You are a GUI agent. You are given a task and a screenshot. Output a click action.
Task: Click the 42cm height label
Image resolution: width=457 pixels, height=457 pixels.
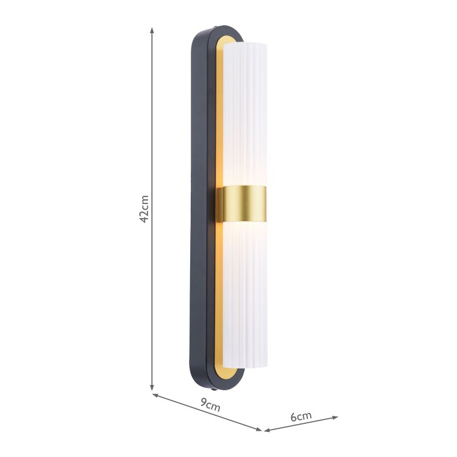coord(145,209)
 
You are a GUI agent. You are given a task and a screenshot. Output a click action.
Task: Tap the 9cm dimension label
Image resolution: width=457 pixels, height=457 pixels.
coord(210,407)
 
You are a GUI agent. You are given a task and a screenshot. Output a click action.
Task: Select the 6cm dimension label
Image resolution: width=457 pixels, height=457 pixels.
coord(301,416)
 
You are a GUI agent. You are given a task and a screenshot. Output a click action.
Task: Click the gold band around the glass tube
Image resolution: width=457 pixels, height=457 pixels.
coord(244,203)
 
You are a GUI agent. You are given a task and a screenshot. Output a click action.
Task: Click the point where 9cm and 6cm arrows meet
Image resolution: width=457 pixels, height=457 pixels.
coord(262,430)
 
